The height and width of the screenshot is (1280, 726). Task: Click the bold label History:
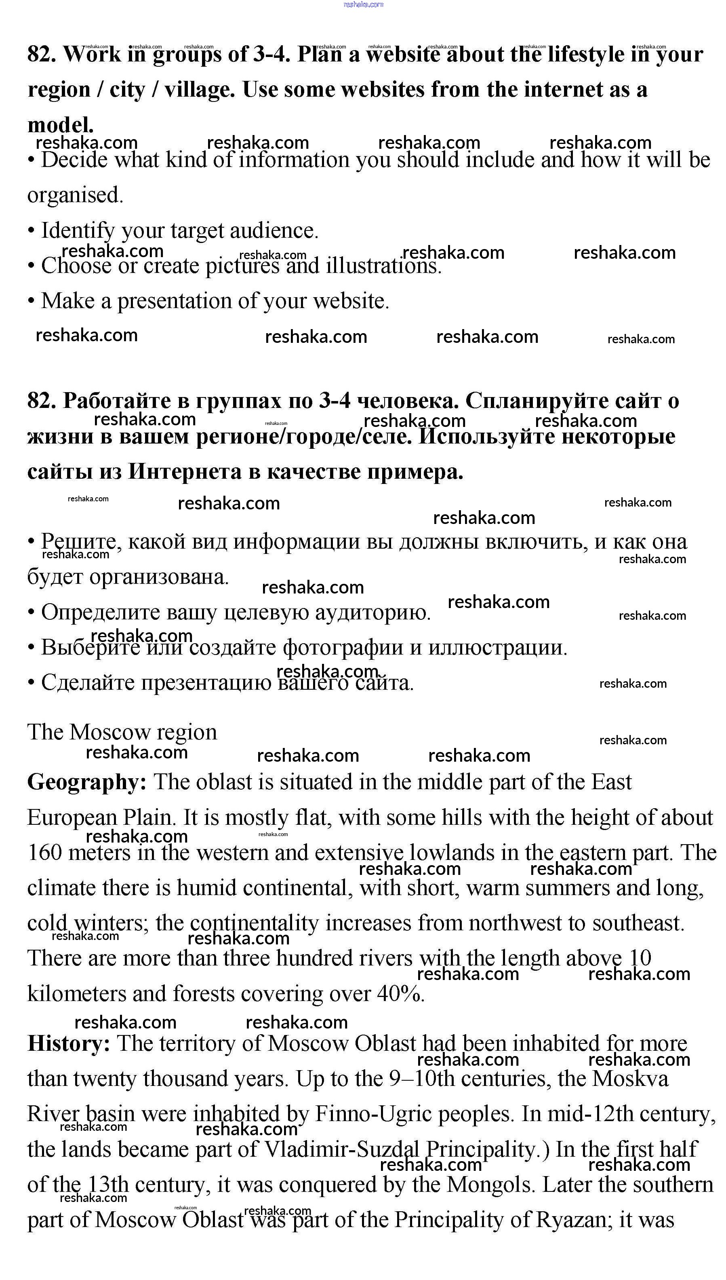point(69,1044)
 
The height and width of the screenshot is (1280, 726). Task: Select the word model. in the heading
point(60,125)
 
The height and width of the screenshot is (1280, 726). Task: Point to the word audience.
point(274,230)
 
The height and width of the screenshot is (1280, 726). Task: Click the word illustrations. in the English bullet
point(383,265)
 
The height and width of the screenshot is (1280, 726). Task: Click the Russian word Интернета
point(185,471)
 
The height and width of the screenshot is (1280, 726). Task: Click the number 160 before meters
point(44,853)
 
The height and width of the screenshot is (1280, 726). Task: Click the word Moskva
point(630,1079)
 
